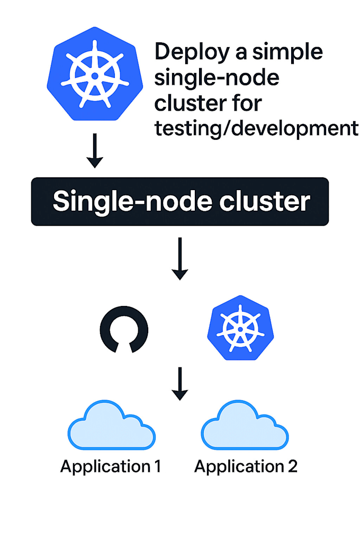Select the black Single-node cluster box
coord(180,202)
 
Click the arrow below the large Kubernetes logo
coord(95,151)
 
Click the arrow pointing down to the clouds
coord(180,383)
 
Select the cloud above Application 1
coord(112,426)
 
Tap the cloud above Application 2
coord(246,426)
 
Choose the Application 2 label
coord(246,467)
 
